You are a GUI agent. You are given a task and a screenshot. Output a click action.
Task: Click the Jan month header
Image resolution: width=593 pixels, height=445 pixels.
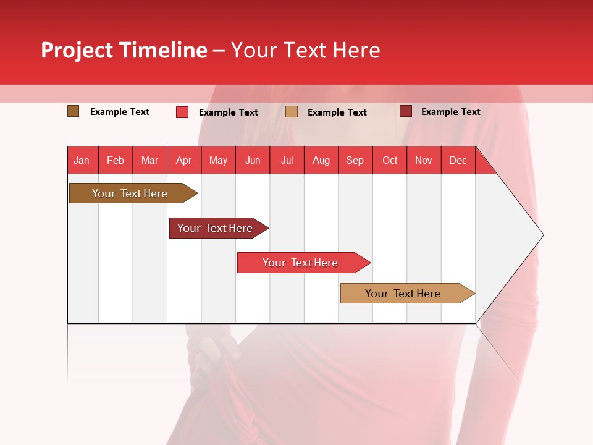tap(82, 160)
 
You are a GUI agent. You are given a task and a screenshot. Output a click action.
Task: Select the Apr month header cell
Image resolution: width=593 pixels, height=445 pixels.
tap(183, 160)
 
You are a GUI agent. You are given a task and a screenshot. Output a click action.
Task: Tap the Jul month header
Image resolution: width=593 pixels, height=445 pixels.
tap(287, 160)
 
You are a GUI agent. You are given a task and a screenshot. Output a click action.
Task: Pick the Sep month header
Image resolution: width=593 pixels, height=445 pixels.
tap(355, 160)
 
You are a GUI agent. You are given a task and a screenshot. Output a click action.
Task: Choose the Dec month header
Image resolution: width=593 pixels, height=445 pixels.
tap(458, 160)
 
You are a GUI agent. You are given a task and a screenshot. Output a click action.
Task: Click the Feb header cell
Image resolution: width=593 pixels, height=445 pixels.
tap(116, 160)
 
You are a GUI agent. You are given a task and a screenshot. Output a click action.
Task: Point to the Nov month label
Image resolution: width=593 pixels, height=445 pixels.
tap(423, 160)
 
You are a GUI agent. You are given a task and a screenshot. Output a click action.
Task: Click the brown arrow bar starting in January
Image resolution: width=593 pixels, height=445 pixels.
tap(130, 193)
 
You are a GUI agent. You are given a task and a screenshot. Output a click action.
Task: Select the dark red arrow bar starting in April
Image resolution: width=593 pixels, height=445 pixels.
tap(215, 228)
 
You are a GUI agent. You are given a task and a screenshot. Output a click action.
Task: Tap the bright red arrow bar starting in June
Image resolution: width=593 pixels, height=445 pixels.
tap(300, 263)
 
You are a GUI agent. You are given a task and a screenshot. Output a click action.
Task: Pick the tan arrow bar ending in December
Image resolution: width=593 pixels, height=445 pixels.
tap(403, 294)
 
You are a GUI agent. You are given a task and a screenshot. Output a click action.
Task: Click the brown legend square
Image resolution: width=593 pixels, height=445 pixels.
tap(73, 111)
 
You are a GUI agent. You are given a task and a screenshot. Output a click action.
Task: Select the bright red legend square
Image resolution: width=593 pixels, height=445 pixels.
tap(182, 112)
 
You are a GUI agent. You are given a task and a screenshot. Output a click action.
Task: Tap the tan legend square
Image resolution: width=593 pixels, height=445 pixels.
tap(292, 112)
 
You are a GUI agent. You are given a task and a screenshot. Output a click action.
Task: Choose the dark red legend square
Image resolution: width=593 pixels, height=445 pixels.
tap(405, 111)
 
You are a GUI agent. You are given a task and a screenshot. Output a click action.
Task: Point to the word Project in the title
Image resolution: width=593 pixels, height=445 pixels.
tap(77, 50)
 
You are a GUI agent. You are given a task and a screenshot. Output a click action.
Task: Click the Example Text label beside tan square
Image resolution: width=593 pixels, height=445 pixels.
tap(337, 112)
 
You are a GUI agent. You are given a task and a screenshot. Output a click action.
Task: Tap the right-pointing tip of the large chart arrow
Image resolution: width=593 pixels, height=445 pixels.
tap(542, 235)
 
